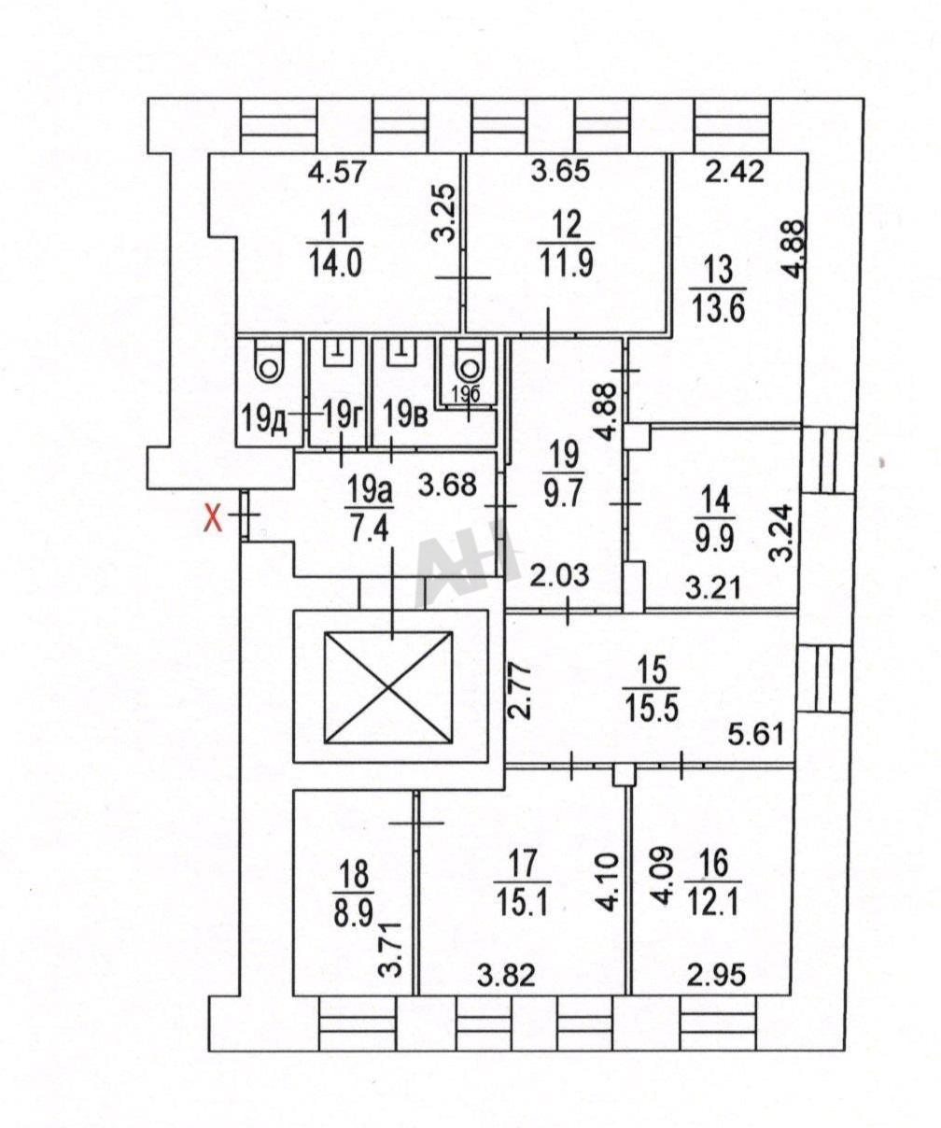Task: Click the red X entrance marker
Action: tap(212, 520)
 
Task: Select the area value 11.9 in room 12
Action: tap(566, 263)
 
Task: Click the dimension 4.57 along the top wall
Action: tap(337, 174)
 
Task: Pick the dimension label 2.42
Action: tap(737, 171)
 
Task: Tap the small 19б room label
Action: tap(467, 394)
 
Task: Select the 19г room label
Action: tap(342, 420)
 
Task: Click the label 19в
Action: tap(406, 416)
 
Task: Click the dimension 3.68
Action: tap(448, 485)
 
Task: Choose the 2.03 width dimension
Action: tap(558, 576)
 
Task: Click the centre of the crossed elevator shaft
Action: tap(388, 687)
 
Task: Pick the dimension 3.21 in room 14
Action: tap(713, 587)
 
